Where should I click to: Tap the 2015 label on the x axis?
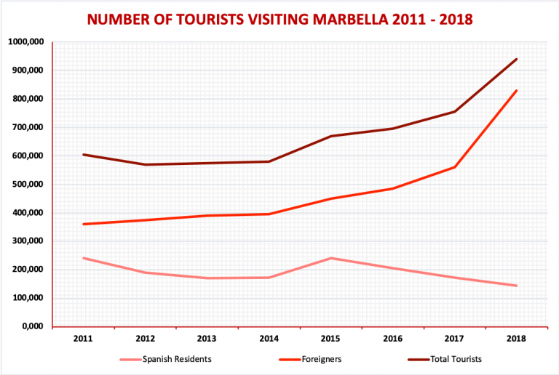tap(331, 337)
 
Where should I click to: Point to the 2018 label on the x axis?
tap(516, 337)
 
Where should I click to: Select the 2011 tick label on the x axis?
tap(84, 337)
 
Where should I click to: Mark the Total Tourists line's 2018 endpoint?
tap(517, 59)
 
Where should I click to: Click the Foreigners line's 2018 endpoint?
tap(517, 91)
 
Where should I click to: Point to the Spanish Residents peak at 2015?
tap(332, 258)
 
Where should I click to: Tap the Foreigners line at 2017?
tap(455, 167)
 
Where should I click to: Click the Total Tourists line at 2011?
tap(84, 155)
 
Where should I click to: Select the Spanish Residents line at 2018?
tap(517, 286)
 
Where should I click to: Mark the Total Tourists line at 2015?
tap(332, 136)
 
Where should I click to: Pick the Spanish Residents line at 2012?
tap(146, 273)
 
